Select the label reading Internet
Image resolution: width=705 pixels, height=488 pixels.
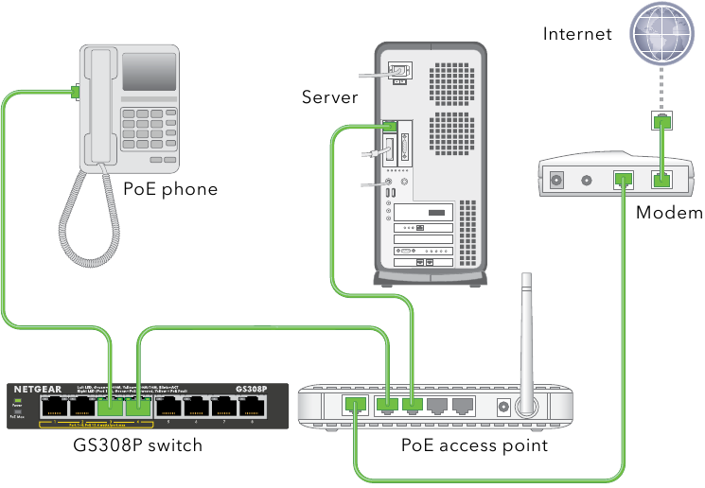577,35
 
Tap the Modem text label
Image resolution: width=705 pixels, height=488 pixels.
668,213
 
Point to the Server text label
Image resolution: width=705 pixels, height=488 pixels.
330,96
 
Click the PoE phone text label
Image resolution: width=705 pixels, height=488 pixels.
170,189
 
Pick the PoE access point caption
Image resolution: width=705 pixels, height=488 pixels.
474,444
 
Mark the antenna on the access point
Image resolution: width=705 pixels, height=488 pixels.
527,340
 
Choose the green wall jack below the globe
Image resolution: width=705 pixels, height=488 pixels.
662,121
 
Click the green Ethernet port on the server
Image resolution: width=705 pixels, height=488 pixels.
390,126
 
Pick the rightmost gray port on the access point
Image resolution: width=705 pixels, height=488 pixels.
462,407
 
